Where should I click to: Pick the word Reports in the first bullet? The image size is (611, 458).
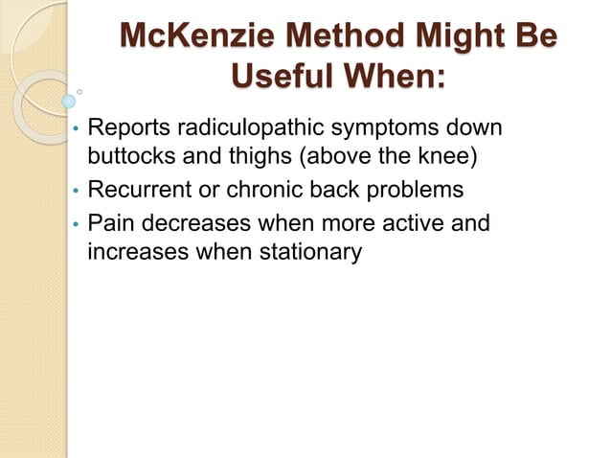[x=125, y=127]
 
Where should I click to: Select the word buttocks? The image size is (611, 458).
[x=126, y=154]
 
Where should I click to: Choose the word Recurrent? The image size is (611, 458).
[x=135, y=190]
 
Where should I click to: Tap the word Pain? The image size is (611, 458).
[x=109, y=224]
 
